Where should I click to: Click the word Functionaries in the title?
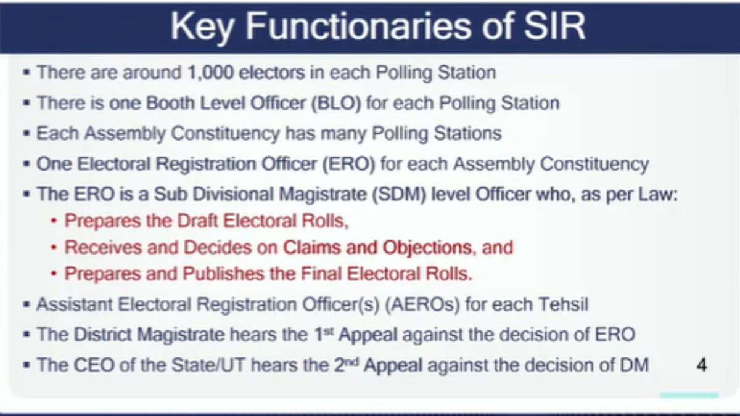pyautogui.click(x=358, y=27)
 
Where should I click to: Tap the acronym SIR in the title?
pyautogui.click(x=554, y=27)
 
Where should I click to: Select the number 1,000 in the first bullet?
pyautogui.click(x=211, y=73)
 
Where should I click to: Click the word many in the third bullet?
pyautogui.click(x=343, y=134)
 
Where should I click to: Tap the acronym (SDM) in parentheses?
pyautogui.click(x=399, y=194)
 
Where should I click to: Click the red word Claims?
pyautogui.click(x=311, y=247)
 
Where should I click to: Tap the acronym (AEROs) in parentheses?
pyautogui.click(x=422, y=304)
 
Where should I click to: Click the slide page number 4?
pyautogui.click(x=702, y=365)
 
